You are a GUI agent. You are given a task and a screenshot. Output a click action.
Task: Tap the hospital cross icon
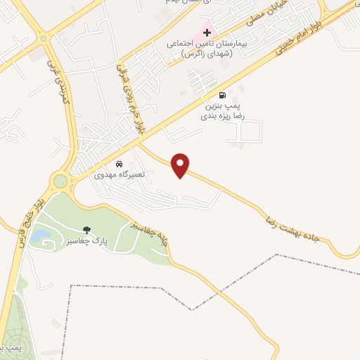207,32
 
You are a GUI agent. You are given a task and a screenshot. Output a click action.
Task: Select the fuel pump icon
223,96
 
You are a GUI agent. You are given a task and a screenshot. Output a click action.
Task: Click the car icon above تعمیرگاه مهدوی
119,164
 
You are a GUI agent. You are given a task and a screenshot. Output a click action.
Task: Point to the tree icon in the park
87,230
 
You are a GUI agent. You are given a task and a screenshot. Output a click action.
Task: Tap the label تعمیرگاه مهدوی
119,174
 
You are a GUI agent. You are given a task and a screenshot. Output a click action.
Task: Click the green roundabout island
60,181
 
